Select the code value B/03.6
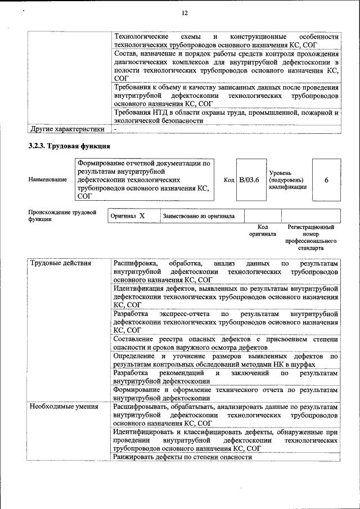tap(249, 179)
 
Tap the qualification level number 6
tap(326, 179)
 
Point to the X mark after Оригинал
tap(142, 215)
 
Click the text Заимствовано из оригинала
tap(199, 216)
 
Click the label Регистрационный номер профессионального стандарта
tap(310, 237)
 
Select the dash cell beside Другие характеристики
tap(115, 129)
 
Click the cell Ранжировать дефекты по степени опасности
tap(182, 457)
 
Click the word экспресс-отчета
tap(184, 314)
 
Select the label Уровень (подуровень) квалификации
tap(287, 179)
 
